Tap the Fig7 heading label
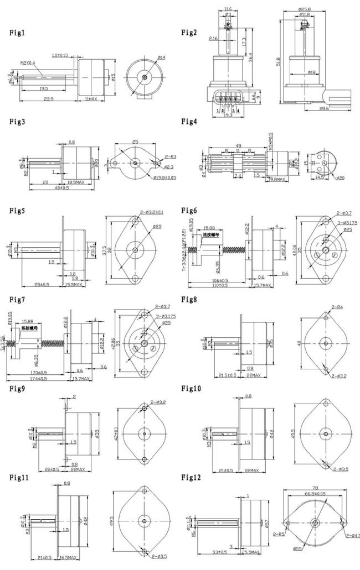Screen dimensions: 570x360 (17, 299)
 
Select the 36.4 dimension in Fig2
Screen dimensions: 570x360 (250, 57)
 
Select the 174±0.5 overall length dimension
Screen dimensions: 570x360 (35, 378)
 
